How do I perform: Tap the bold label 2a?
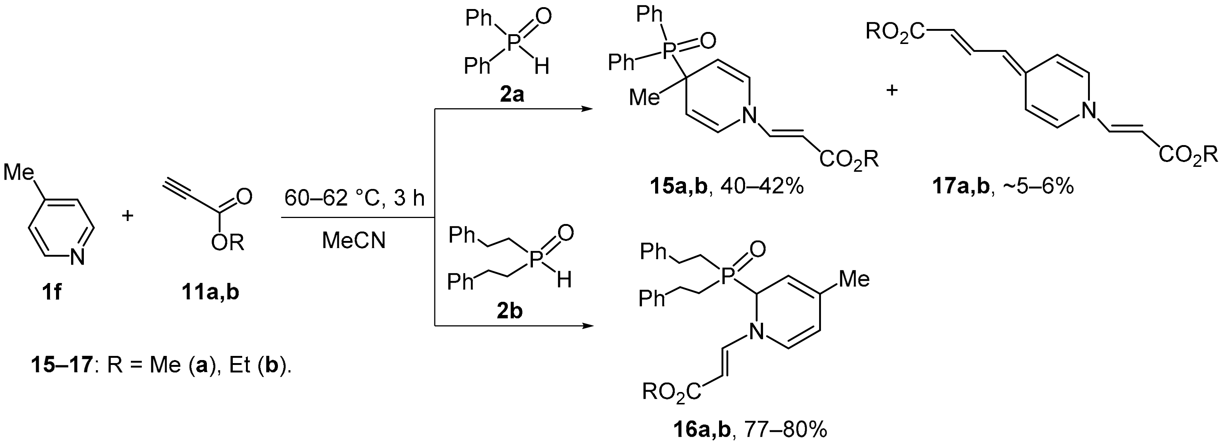(x=511, y=95)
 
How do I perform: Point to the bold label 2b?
(x=510, y=312)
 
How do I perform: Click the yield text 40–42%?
(x=762, y=186)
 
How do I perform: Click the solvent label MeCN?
(x=354, y=241)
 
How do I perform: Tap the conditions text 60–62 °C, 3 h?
(x=354, y=198)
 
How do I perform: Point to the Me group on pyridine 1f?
(x=18, y=172)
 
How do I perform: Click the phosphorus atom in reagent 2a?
(x=511, y=44)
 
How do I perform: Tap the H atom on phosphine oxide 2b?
(x=563, y=280)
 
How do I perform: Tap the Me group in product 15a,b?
(x=644, y=98)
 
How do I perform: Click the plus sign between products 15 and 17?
(x=892, y=90)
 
